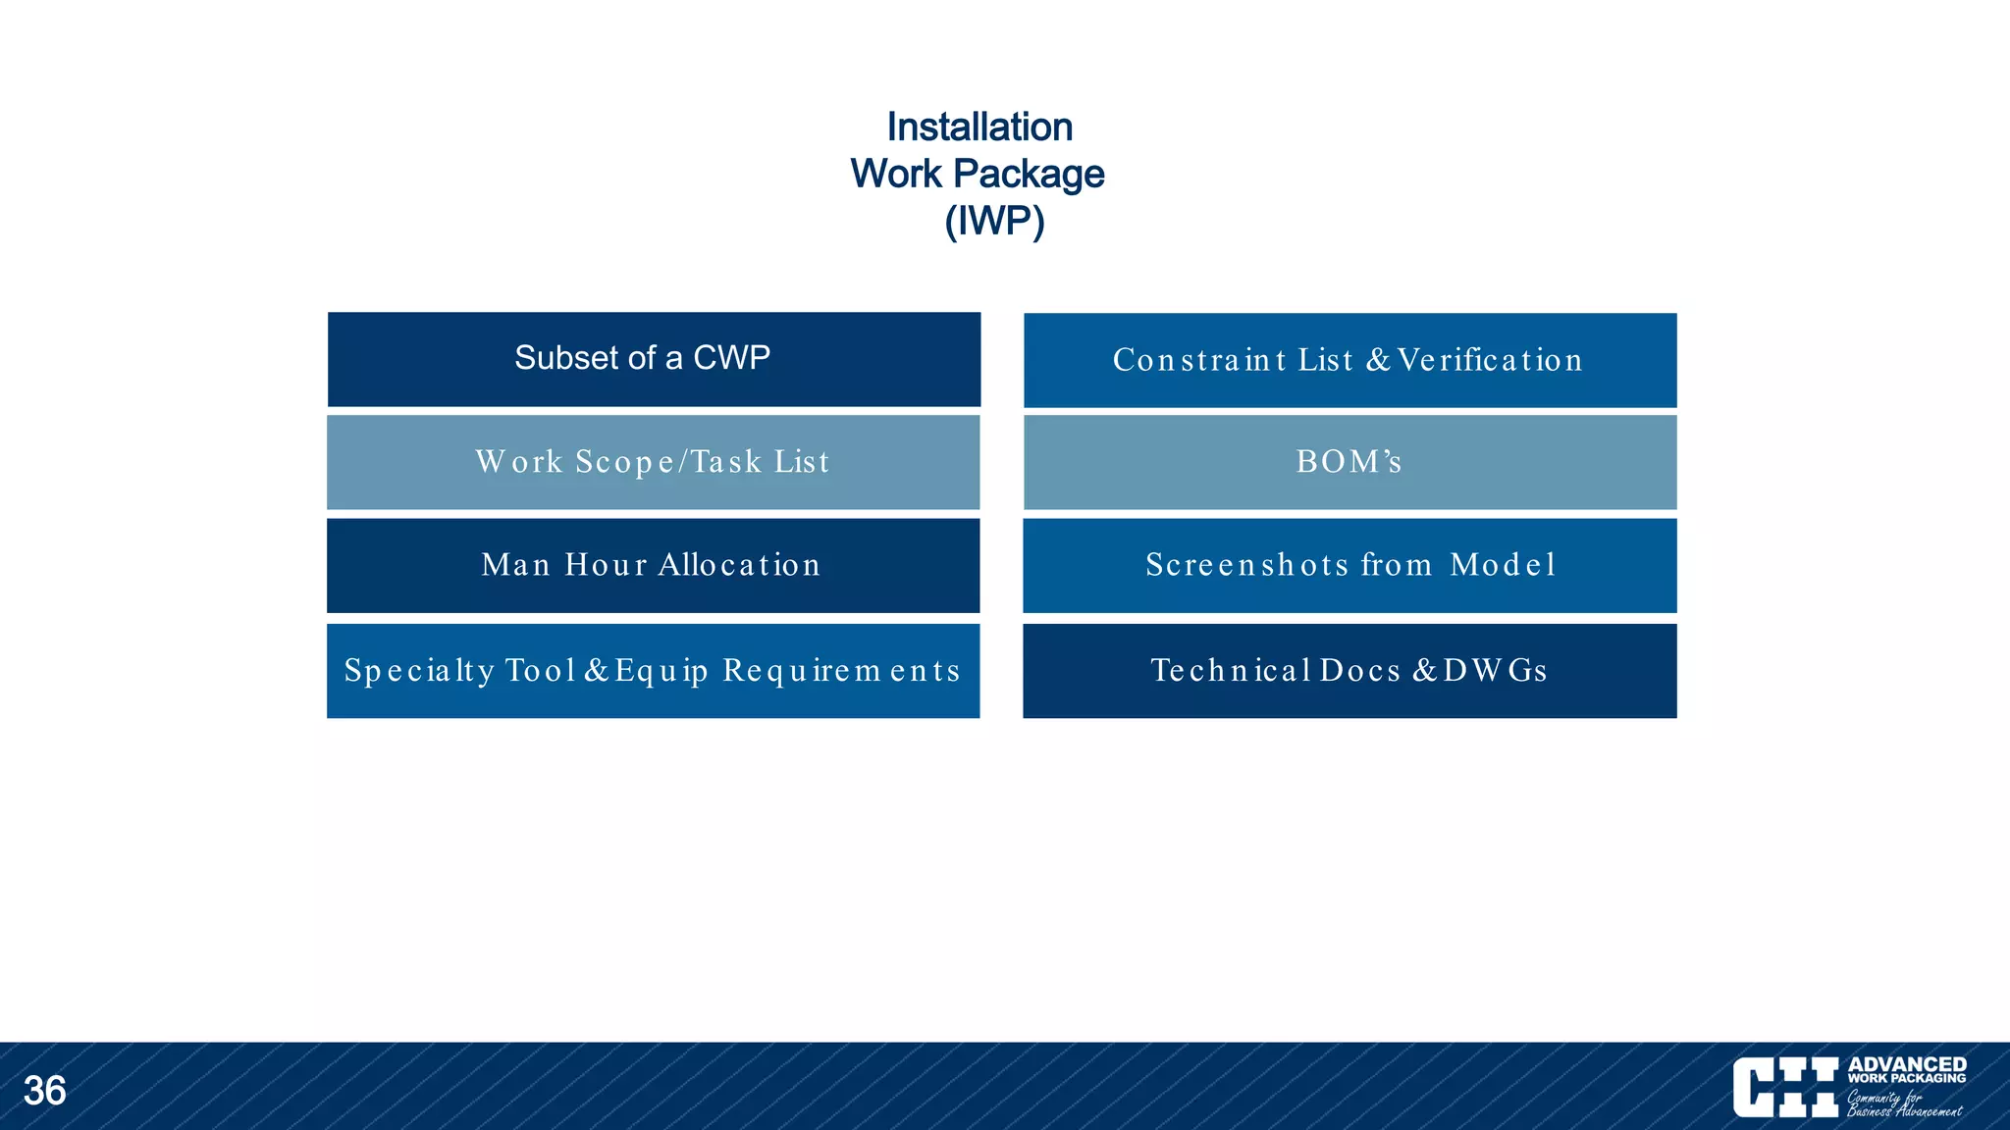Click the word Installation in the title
(x=979, y=128)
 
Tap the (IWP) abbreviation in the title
(x=993, y=221)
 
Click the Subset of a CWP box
(x=654, y=359)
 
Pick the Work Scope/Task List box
(x=654, y=462)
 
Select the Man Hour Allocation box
(x=654, y=565)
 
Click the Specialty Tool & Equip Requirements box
(x=654, y=671)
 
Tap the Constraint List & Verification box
(x=1349, y=360)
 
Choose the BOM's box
(x=1349, y=462)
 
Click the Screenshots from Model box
(x=1349, y=565)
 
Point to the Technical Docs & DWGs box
(x=1349, y=671)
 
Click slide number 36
(x=44, y=1091)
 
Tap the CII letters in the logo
(x=1785, y=1087)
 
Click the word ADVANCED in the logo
(x=1906, y=1064)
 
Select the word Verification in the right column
(x=1490, y=360)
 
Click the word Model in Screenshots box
(x=1503, y=565)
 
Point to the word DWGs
(x=1495, y=671)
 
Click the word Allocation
(x=739, y=565)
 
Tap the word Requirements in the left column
(x=841, y=671)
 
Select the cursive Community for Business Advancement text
(x=1903, y=1104)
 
